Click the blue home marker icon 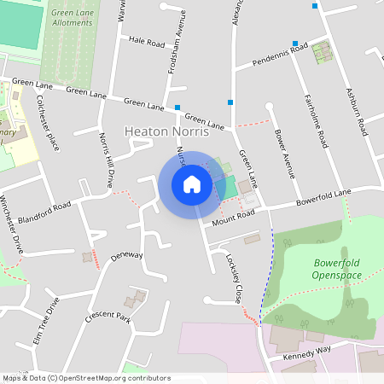click(192, 183)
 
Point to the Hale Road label click(147, 41)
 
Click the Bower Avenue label click(285, 152)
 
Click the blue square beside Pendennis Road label click(295, 44)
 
